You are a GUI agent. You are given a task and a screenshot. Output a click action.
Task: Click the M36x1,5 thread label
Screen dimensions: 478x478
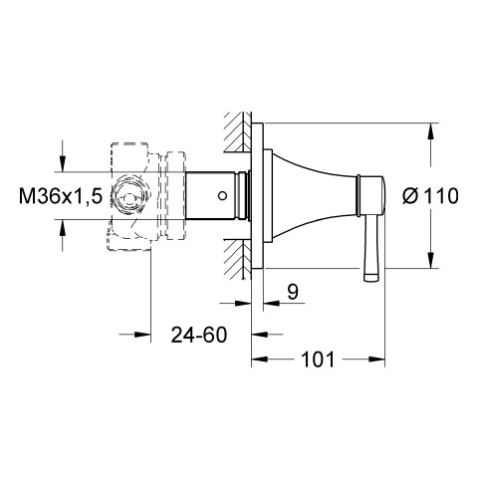point(61,196)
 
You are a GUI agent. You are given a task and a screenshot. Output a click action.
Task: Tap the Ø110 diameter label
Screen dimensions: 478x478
point(430,196)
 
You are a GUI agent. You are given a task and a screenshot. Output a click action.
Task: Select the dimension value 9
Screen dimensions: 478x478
point(293,292)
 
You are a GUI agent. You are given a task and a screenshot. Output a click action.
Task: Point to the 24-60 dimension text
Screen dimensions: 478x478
point(199,335)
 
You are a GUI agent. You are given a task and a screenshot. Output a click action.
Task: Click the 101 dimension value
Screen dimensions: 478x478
point(318,359)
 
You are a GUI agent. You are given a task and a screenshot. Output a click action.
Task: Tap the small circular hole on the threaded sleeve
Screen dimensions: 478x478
point(222,196)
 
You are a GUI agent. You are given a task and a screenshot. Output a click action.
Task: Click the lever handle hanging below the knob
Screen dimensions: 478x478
point(371,250)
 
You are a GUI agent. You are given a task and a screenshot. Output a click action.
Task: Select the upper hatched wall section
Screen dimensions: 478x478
point(238,132)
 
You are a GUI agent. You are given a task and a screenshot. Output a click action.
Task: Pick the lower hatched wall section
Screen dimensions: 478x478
point(238,259)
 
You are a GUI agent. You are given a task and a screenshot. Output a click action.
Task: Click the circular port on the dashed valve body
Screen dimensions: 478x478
point(128,196)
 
